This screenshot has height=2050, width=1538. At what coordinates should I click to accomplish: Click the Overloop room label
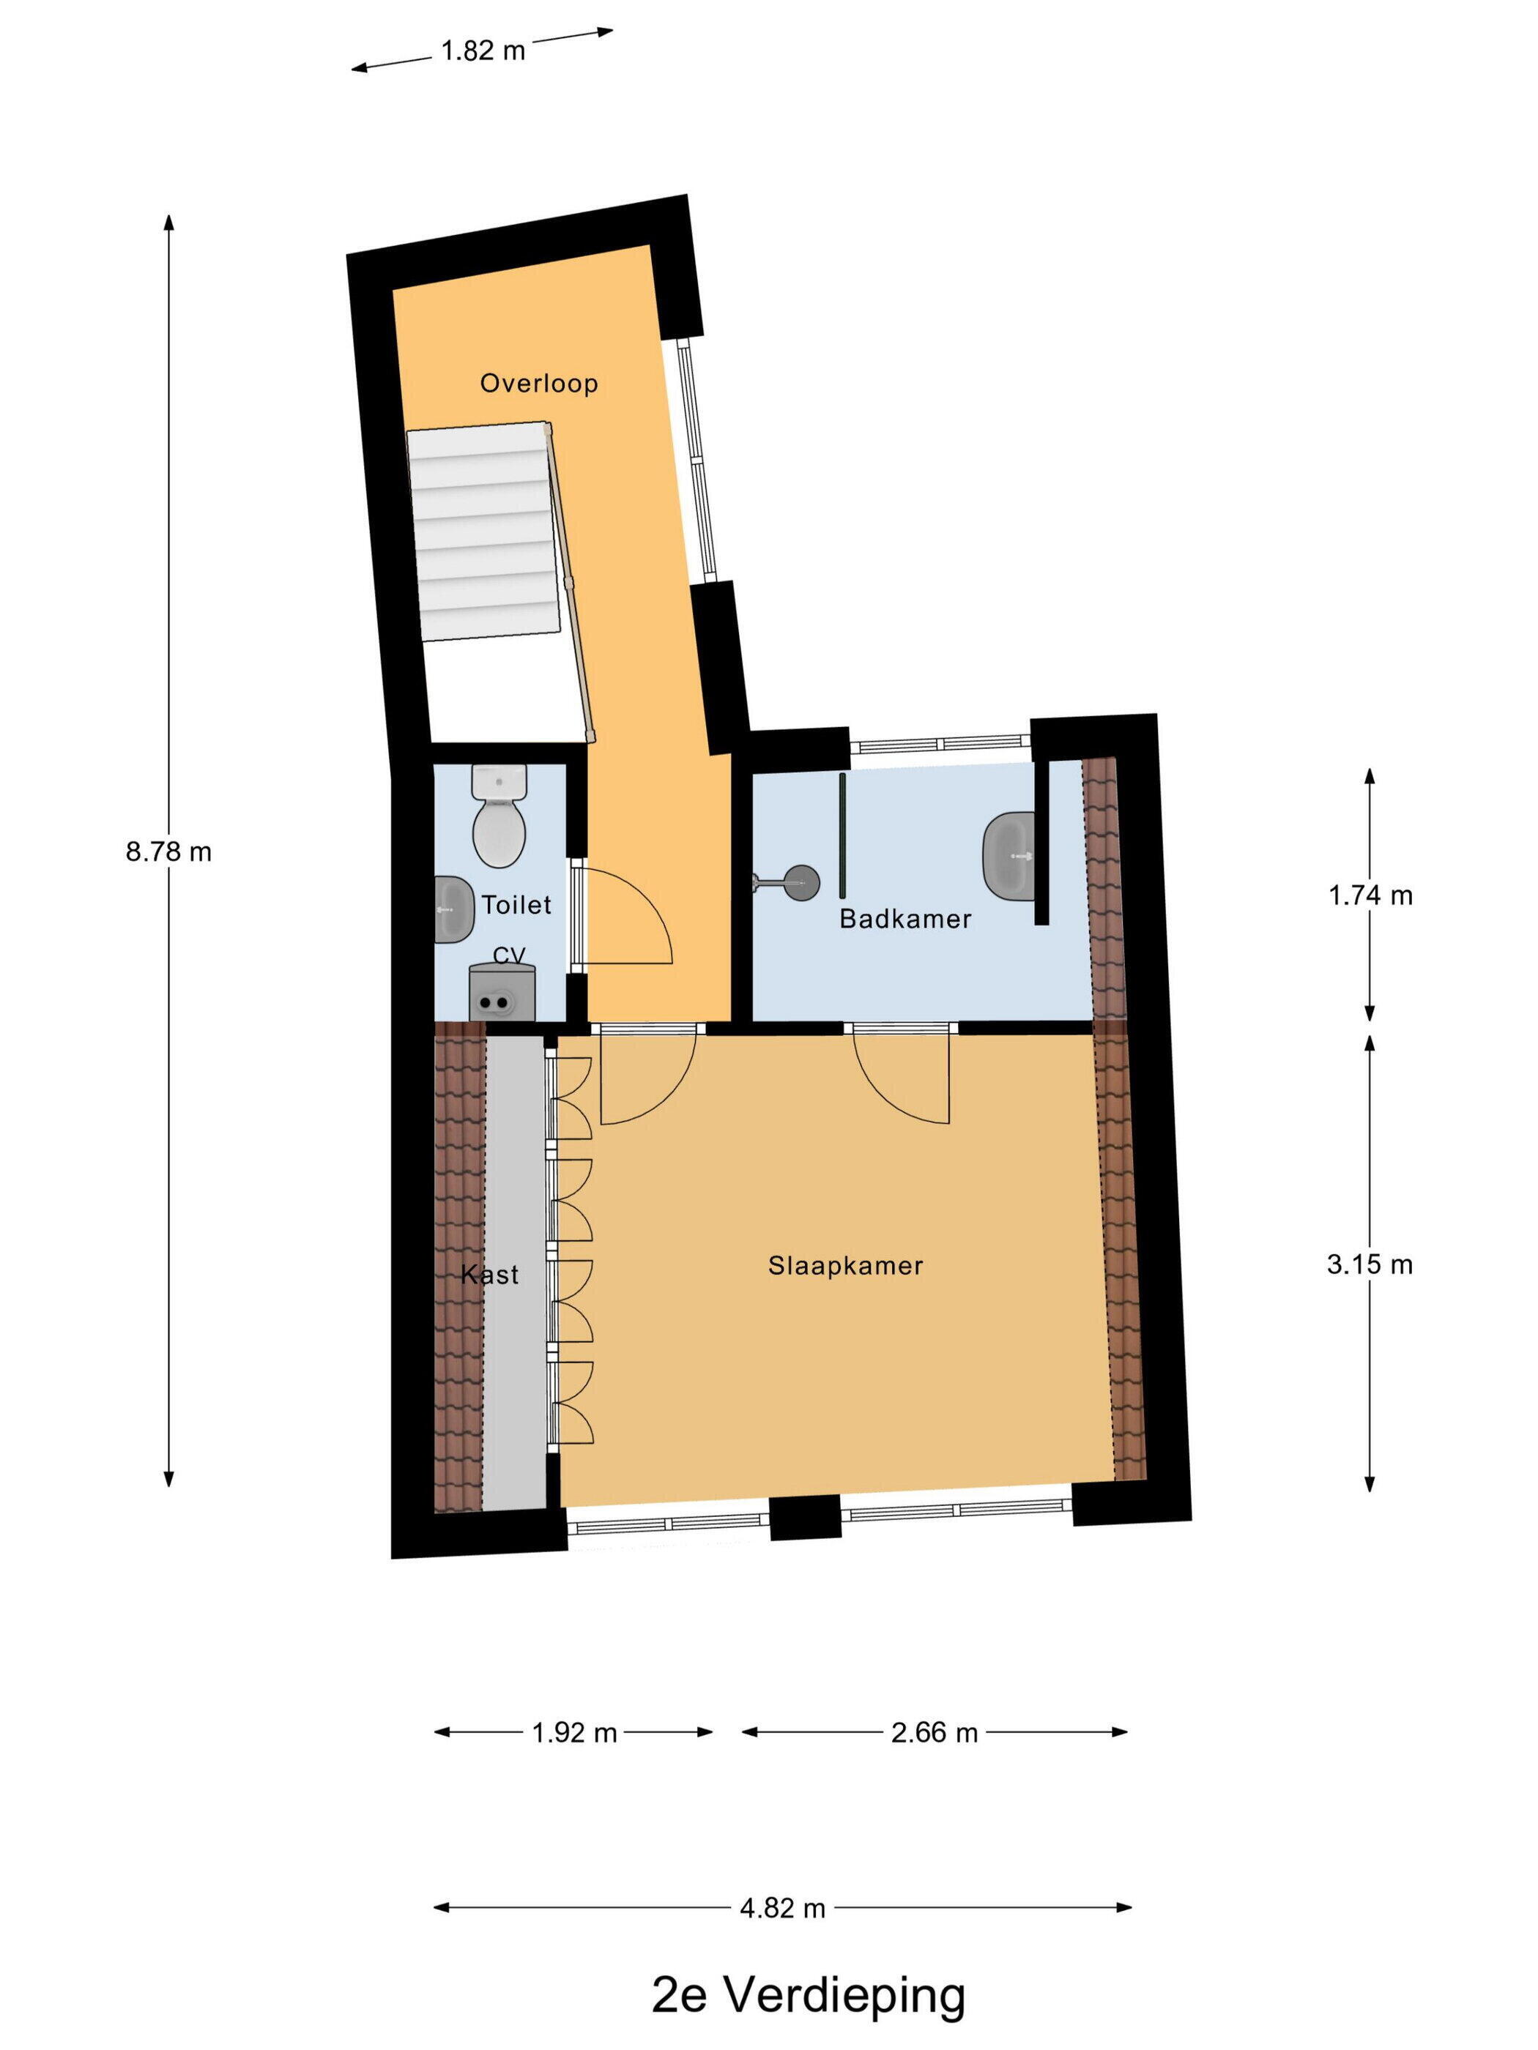[538, 383]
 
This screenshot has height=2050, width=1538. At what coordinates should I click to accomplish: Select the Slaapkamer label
[845, 1265]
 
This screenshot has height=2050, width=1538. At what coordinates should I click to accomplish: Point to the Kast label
[489, 1275]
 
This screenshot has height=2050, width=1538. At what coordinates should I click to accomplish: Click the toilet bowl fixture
[499, 816]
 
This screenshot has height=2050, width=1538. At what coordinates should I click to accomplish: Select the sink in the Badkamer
[1008, 855]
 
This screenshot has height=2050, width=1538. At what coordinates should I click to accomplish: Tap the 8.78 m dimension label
[168, 851]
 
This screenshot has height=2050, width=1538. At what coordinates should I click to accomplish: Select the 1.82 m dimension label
[483, 50]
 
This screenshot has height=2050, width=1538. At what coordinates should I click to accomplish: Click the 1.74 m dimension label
[1370, 895]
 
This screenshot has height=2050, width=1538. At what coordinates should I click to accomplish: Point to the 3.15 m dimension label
[1370, 1264]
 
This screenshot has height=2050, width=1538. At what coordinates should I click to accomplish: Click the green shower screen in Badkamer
[843, 835]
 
